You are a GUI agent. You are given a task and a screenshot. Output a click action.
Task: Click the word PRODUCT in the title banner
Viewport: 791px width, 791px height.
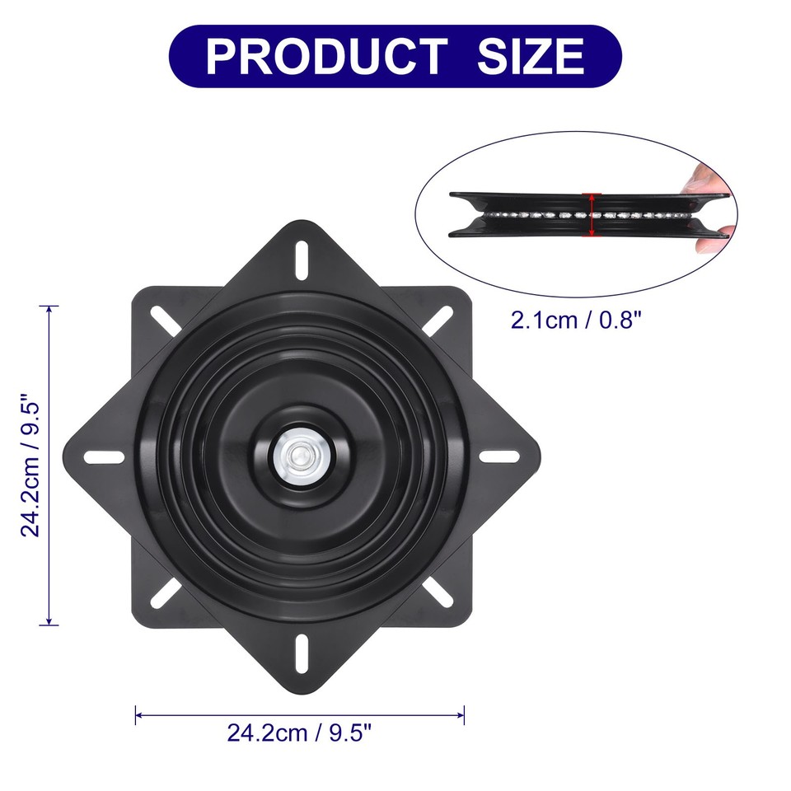pyautogui.click(x=325, y=56)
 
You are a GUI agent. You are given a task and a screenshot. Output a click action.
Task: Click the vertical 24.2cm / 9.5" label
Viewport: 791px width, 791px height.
pyautogui.click(x=31, y=466)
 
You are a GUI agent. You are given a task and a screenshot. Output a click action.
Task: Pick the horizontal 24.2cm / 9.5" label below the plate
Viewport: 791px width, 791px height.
pyautogui.click(x=300, y=732)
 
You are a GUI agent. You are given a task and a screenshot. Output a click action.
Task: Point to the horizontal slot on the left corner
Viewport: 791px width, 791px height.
pyautogui.click(x=104, y=456)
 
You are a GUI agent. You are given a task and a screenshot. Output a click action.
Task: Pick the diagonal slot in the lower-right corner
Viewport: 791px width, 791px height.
pyautogui.click(x=438, y=592)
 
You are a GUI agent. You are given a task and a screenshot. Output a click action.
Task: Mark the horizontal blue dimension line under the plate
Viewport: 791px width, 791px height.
pyautogui.click(x=300, y=714)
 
